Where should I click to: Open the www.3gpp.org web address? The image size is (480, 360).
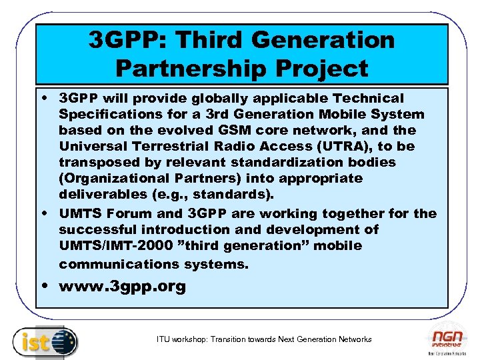(x=122, y=288)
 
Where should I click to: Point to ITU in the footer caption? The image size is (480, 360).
(x=163, y=339)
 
